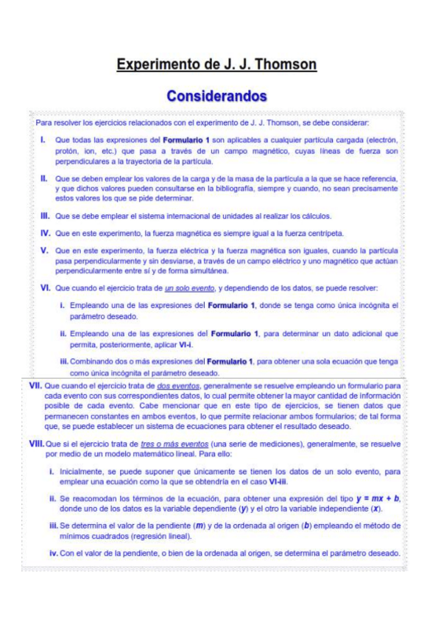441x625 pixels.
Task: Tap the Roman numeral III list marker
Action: pos(44,216)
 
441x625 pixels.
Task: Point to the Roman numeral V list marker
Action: pos(44,251)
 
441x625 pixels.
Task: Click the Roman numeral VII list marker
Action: pos(35,385)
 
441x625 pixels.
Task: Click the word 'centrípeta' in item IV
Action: pos(323,234)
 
